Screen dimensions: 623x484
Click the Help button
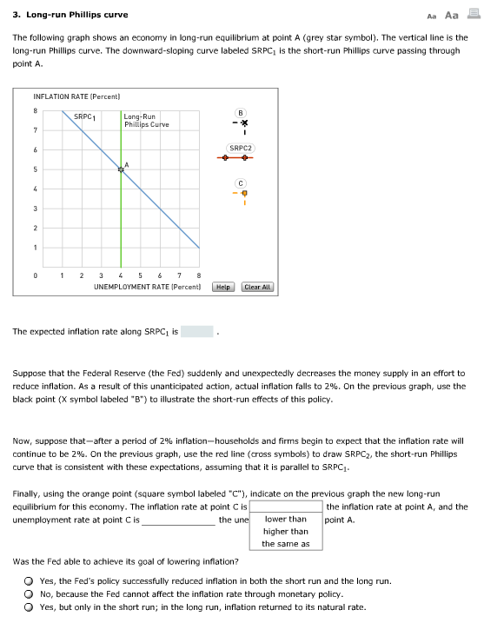[223, 287]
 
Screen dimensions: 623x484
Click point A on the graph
[121, 169]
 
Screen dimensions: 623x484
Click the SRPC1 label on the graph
[84, 116]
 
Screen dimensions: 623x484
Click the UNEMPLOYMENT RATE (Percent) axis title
[147, 286]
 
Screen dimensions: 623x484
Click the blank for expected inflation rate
[196, 332]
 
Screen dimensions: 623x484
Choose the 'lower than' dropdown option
[286, 519]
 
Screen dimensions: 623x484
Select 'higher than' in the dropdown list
[286, 531]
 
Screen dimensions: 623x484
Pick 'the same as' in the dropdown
[286, 544]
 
